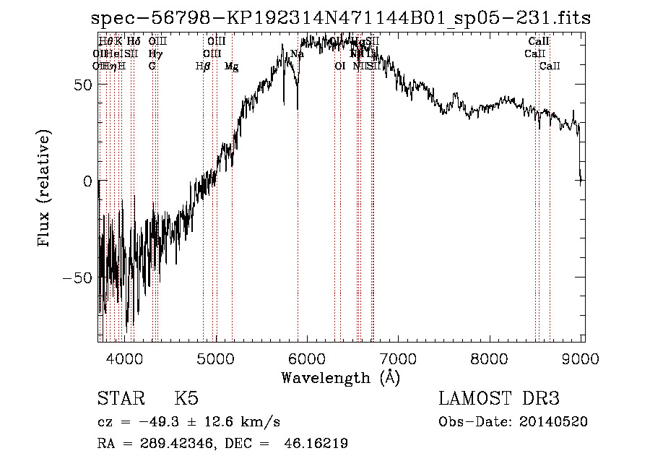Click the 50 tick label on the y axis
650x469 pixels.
84,84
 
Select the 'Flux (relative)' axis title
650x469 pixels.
45,189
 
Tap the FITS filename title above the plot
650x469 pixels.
341,19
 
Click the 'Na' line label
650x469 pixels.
297,54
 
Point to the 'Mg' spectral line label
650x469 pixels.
231,66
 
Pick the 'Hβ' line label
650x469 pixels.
203,66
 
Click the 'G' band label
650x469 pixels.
152,66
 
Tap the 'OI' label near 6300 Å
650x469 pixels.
340,66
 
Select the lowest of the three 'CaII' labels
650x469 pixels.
550,66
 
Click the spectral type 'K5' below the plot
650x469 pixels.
186,399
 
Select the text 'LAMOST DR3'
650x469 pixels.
499,399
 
